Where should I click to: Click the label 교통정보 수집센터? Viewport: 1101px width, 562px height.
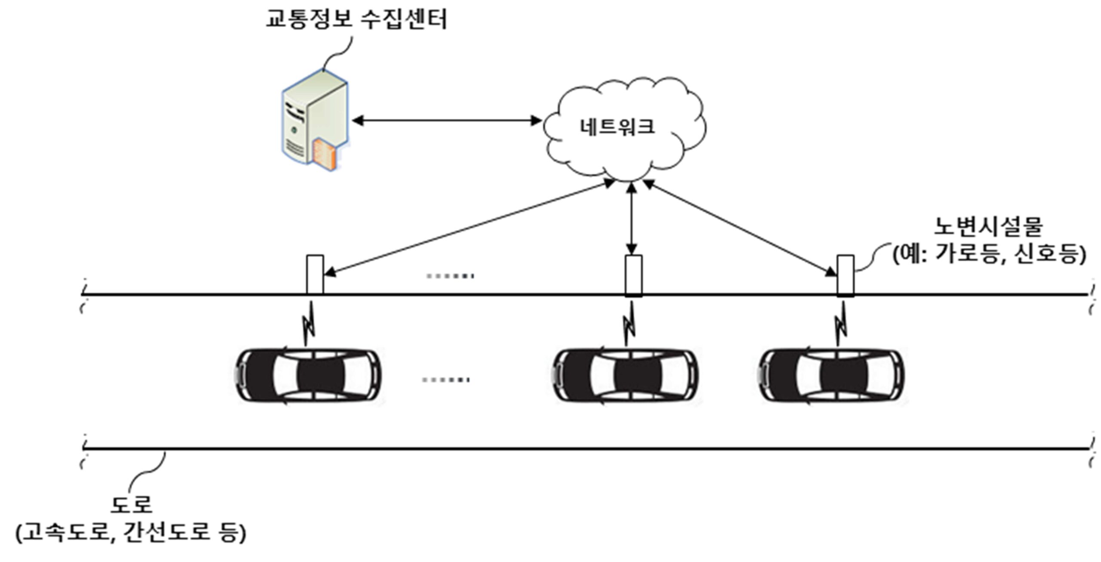coord(357,19)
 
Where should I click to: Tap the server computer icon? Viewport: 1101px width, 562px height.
coord(315,121)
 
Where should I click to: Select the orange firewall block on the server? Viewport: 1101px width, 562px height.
coord(326,154)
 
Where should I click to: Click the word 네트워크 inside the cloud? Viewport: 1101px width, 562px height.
coord(617,127)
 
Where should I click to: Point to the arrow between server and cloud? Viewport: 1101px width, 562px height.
coord(446,120)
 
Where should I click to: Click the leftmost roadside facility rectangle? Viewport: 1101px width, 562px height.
coord(315,275)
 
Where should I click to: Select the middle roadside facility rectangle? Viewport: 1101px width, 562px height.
coord(634,276)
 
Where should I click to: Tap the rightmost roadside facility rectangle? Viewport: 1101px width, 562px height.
coord(846,276)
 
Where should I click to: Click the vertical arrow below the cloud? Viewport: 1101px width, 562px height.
coord(631,219)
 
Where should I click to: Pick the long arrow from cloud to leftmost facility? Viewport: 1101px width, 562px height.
coord(470,227)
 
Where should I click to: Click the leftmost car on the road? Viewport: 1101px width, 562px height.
coord(309,376)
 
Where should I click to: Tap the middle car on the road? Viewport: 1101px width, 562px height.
coord(625,376)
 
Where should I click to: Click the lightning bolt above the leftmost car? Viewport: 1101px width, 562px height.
coord(309,324)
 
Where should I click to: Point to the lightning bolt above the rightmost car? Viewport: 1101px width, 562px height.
coord(840,324)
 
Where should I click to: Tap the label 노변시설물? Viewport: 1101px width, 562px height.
coord(988,227)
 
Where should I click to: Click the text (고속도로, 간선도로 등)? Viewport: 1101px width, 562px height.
coord(131,533)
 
